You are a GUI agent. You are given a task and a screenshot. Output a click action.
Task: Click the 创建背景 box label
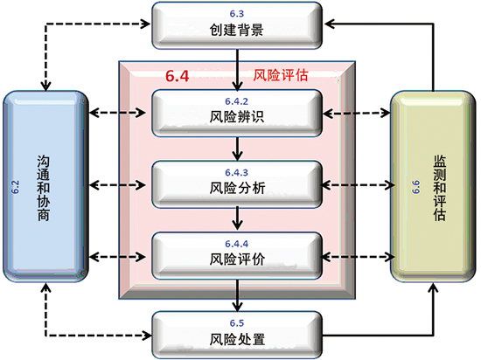(236, 30)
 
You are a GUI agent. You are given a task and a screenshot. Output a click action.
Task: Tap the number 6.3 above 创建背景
(236, 14)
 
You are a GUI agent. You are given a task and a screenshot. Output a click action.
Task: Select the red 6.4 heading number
(178, 76)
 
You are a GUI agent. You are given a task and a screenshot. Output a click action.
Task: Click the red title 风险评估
(281, 75)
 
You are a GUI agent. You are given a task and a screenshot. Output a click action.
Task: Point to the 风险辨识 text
(236, 117)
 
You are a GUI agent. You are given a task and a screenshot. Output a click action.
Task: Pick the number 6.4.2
(236, 101)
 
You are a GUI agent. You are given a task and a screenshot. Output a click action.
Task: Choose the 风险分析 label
(237, 188)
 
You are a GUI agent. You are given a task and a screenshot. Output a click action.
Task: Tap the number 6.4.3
(236, 173)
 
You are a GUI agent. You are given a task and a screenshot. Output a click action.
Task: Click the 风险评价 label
(237, 260)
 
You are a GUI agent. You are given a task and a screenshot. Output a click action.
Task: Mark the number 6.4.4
(236, 244)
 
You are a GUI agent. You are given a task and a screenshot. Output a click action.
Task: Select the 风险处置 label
(237, 339)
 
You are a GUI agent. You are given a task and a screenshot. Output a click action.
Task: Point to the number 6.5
(236, 323)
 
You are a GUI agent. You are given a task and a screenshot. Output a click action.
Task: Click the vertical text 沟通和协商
(43, 188)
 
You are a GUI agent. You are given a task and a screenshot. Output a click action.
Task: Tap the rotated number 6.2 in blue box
(16, 187)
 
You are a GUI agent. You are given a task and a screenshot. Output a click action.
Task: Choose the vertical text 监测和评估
(439, 188)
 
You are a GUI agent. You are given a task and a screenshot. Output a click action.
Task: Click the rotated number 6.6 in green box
(415, 187)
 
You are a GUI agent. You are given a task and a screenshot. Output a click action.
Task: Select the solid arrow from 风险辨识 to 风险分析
(237, 149)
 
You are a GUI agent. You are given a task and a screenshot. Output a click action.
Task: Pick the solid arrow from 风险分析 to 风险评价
(237, 218)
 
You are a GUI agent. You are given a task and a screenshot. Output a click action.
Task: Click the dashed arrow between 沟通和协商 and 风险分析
(117, 185)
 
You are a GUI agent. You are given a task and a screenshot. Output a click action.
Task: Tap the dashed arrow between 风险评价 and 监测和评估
(358, 257)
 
